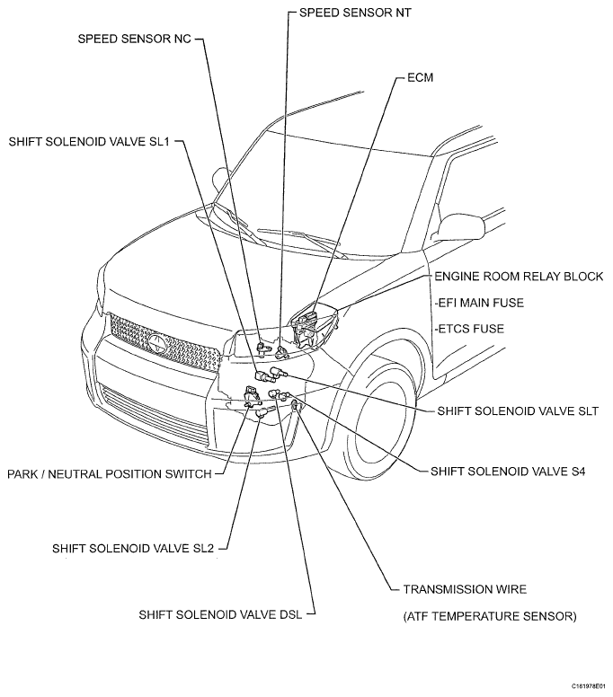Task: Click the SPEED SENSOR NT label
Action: (x=355, y=13)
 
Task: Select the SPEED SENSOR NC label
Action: (x=134, y=39)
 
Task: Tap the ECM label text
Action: (x=420, y=77)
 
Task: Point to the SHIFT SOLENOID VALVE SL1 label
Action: (x=89, y=141)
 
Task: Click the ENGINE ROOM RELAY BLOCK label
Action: (x=519, y=276)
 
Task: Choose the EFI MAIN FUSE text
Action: (x=479, y=303)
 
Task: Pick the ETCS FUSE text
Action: (x=469, y=329)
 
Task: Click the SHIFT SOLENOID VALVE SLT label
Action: (x=518, y=410)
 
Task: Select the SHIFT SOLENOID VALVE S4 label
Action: (x=508, y=472)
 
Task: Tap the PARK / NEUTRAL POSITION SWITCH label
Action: (x=110, y=474)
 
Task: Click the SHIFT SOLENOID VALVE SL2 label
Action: (x=133, y=548)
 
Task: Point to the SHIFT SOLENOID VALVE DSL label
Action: (x=220, y=614)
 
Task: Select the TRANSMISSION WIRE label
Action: (x=465, y=589)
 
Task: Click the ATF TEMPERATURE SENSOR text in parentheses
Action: (x=490, y=616)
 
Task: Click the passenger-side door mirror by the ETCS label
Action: (x=461, y=226)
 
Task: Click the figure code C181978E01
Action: (x=589, y=686)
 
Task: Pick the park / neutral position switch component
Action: (x=252, y=396)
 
